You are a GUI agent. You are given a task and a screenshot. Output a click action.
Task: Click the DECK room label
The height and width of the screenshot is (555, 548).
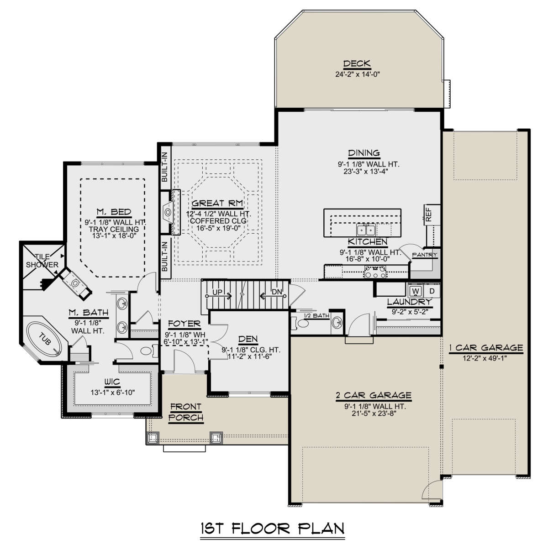pos(357,63)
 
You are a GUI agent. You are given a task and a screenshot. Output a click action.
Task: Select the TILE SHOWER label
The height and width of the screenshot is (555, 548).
pos(42,261)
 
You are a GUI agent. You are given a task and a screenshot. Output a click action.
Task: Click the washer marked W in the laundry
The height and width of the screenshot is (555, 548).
pos(415,291)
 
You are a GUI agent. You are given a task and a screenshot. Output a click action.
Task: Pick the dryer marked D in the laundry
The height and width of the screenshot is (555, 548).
pos(432,291)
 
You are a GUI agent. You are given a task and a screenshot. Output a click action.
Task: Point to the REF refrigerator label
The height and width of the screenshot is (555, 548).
pos(429,215)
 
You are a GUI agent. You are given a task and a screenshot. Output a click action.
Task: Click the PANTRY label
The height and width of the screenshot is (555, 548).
pos(424,255)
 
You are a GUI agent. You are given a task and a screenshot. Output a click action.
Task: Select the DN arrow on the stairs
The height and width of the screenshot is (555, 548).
pos(273,296)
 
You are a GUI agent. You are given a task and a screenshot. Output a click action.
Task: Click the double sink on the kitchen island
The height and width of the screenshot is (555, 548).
pos(366,230)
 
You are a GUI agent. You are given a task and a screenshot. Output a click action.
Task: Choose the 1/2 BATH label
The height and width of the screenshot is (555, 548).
pos(317,316)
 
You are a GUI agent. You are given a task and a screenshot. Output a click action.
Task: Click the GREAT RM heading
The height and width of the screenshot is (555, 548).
pos(217,204)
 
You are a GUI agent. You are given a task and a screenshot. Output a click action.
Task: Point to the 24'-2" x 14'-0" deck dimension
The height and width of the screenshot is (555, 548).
pos(358,74)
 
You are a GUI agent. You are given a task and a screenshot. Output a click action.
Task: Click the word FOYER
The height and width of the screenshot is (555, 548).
pos(184,324)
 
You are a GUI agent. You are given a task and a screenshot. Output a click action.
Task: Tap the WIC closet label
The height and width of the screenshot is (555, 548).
pos(112,382)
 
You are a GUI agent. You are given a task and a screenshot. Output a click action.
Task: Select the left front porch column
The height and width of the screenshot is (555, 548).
pos(153,438)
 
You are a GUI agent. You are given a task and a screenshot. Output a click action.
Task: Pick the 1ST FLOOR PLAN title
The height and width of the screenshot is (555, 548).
pos(273,529)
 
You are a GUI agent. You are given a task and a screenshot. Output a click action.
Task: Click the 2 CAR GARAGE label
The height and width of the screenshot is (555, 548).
pos(374,395)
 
